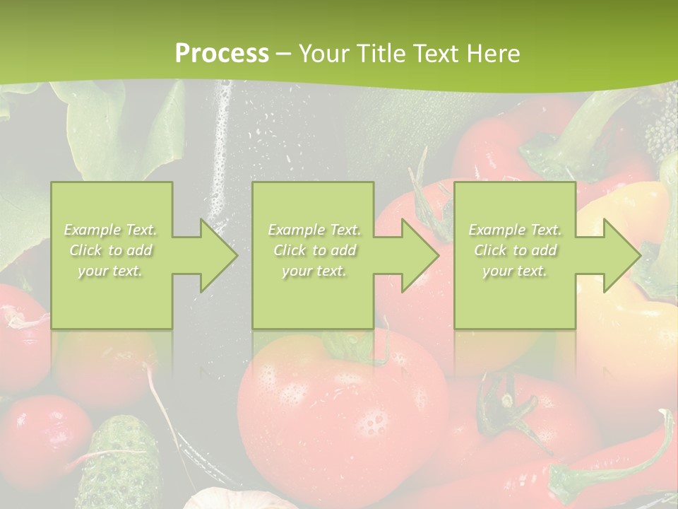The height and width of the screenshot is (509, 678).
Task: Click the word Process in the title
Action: click(222, 53)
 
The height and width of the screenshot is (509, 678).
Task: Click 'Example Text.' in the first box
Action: click(111, 230)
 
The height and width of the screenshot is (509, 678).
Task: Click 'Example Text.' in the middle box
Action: click(314, 230)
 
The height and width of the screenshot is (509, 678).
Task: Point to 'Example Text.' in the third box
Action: click(515, 230)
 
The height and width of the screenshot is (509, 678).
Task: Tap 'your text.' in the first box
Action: click(111, 271)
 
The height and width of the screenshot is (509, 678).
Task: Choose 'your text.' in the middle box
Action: click(314, 271)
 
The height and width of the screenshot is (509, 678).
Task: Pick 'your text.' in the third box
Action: click(515, 271)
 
